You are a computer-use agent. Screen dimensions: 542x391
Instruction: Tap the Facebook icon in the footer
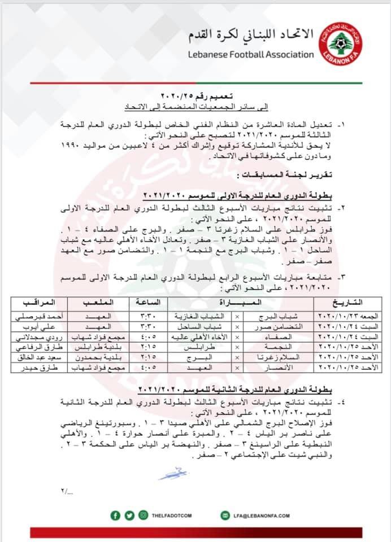click(x=115, y=515)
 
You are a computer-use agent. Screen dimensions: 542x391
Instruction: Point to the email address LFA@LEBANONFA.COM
click(x=261, y=515)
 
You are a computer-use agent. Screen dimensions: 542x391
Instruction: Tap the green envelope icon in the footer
click(x=221, y=515)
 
